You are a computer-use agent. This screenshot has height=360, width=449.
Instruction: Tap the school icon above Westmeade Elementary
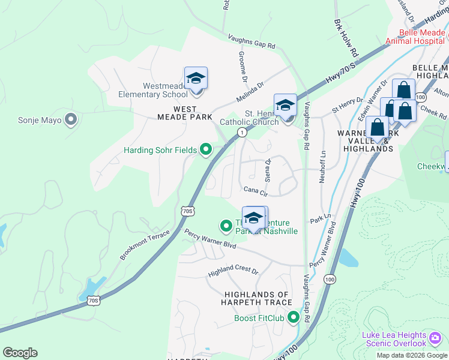point(196,79)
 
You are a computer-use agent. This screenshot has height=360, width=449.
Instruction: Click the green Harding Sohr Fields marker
point(206,149)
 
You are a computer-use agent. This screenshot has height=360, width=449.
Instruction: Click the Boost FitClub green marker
point(294,317)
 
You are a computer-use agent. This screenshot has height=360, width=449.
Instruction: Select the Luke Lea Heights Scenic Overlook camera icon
point(436,339)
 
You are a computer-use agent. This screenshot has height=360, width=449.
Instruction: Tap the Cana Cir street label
point(255,190)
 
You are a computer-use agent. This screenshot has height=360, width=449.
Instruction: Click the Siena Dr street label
point(268,170)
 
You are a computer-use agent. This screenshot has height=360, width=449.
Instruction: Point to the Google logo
point(20,352)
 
